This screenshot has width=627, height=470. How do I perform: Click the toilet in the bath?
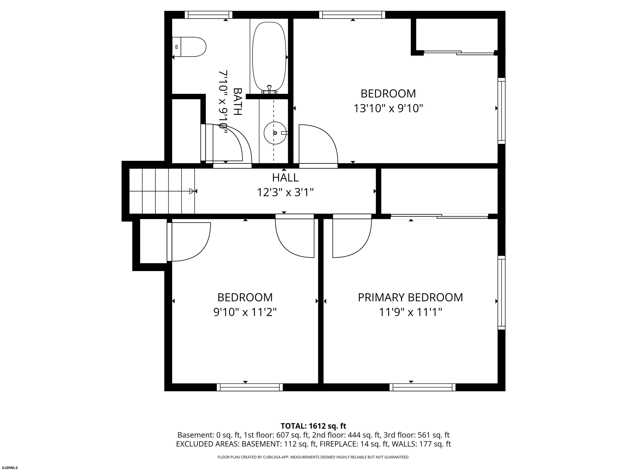coord(189,47)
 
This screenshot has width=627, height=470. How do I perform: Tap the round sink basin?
coord(275,133)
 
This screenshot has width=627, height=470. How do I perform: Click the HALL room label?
coord(285,178)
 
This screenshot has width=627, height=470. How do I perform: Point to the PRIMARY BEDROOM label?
coord(410,297)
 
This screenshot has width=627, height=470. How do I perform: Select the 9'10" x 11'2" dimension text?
coord(245,312)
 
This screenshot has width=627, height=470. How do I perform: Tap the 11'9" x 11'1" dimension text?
coord(410,312)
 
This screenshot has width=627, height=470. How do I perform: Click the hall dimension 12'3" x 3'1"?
coord(285,193)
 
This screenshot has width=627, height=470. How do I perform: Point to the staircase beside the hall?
coord(162,191)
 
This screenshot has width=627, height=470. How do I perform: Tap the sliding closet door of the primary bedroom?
coord(439,216)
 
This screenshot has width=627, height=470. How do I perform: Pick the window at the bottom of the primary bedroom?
coord(422,387)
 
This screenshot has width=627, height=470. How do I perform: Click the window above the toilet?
coord(209,15)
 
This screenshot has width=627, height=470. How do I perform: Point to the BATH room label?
coord(238,102)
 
